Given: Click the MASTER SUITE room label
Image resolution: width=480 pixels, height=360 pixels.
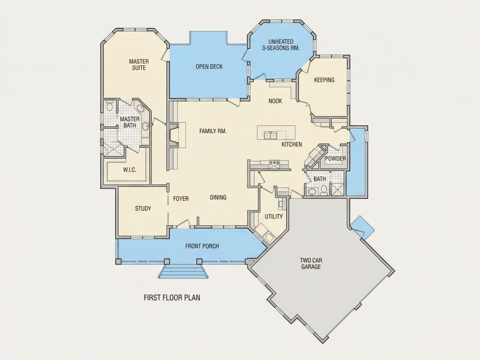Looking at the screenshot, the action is (x=139, y=65).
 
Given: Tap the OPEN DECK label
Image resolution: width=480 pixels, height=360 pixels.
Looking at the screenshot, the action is (x=209, y=67).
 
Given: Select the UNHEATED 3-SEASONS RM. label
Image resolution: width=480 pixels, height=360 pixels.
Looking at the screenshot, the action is (x=281, y=45).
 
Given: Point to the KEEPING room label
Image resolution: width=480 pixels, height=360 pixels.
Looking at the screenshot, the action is (x=324, y=80).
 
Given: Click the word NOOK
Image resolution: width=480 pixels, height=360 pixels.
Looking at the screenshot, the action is (x=275, y=101).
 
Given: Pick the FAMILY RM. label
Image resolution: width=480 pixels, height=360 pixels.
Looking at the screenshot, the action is (x=213, y=131).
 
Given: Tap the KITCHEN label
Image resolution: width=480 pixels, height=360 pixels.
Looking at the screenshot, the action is (x=292, y=144).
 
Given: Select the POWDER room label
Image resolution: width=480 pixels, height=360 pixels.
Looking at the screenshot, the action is (x=336, y=158).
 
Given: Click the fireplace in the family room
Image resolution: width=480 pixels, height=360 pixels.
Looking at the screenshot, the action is (x=173, y=135).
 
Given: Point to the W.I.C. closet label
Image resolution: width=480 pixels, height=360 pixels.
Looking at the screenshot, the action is (x=130, y=170).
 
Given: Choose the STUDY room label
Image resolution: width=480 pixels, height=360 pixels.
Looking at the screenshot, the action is (x=143, y=209).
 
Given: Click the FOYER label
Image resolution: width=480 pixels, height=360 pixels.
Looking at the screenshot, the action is (x=181, y=199).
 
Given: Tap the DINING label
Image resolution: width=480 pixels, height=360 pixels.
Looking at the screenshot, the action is (x=218, y=197).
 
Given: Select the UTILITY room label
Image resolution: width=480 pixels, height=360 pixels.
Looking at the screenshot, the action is (x=274, y=217).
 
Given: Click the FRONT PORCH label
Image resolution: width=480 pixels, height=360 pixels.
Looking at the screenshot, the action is (x=202, y=246).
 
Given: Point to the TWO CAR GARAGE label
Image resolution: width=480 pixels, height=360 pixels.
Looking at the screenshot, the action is (x=311, y=264).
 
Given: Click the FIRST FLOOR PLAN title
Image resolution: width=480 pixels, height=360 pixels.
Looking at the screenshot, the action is (x=172, y=298).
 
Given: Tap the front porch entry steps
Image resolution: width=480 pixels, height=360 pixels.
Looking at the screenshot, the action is (x=183, y=271).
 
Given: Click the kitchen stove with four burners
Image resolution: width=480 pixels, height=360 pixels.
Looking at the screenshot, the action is (x=274, y=165).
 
